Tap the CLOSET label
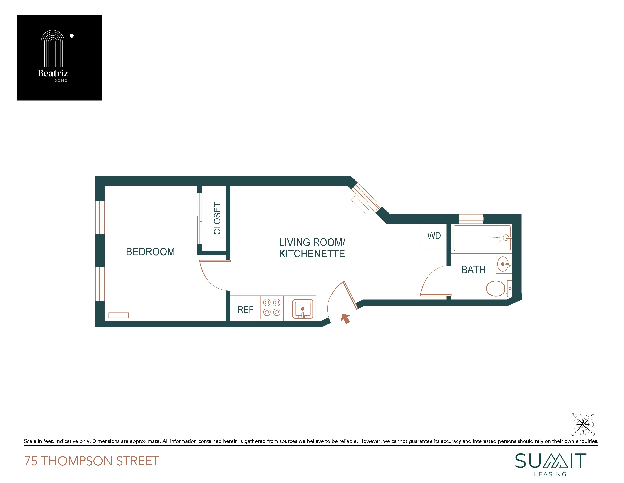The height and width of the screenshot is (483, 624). (217, 219)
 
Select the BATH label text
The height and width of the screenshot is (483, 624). (473, 270)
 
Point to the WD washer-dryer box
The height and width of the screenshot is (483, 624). (434, 236)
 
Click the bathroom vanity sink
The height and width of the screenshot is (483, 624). (503, 264)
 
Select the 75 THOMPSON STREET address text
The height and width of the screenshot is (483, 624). (92, 461)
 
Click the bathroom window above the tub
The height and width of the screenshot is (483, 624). (471, 219)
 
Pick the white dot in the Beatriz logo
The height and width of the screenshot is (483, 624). (72, 36)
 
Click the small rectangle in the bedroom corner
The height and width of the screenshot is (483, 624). (118, 315)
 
